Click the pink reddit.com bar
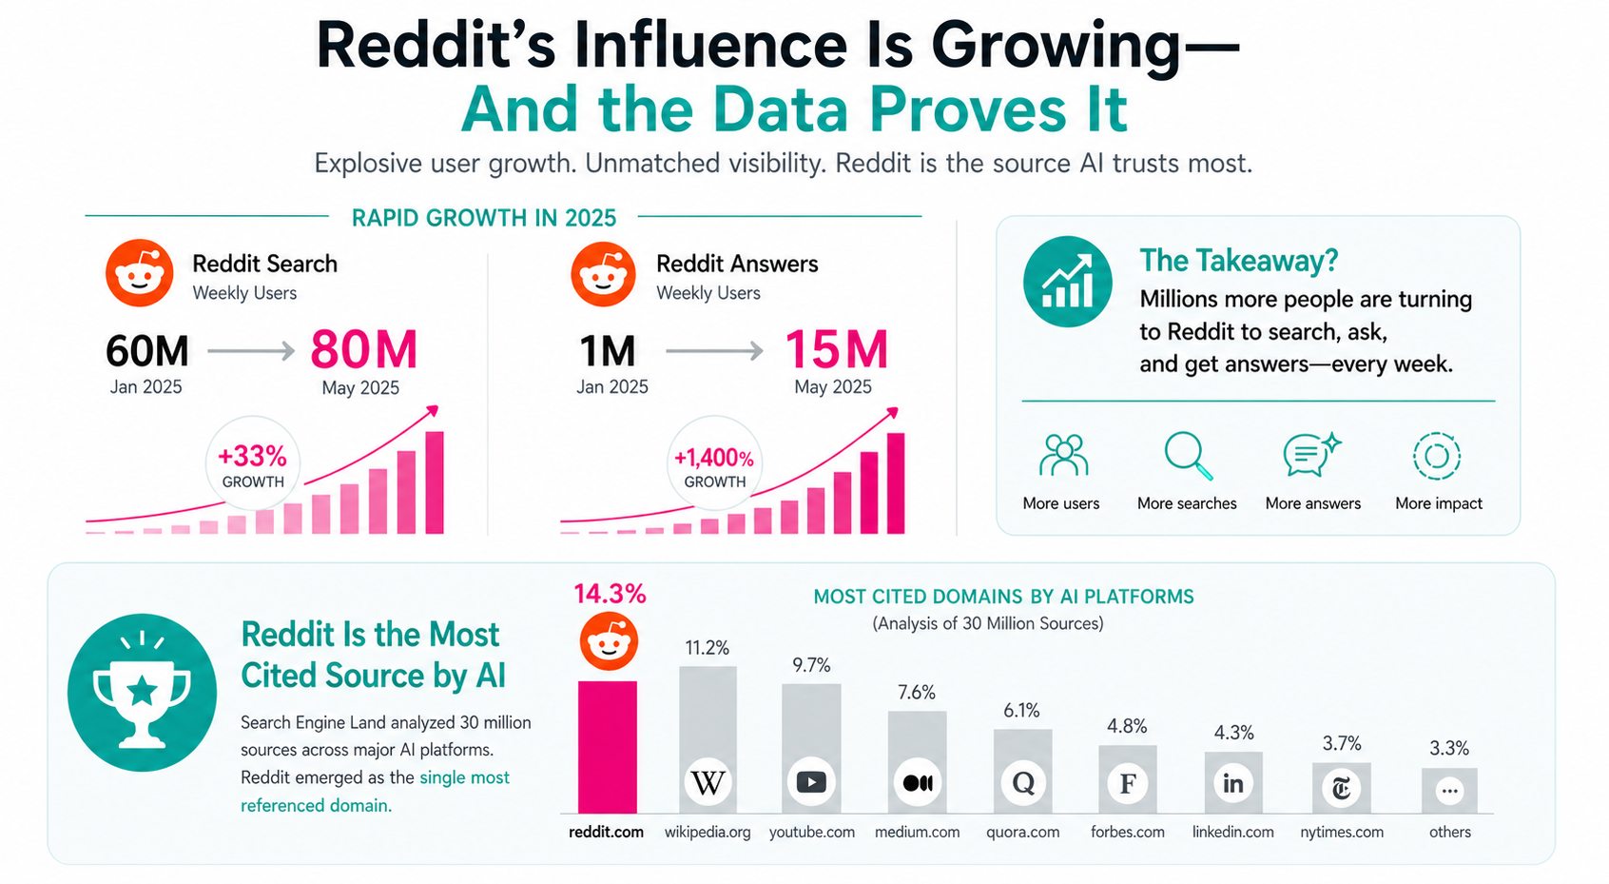(607, 747)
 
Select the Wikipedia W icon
(708, 783)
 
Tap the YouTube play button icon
(811, 782)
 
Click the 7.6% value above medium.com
(917, 693)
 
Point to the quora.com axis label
(1022, 832)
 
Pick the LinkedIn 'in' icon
(1232, 783)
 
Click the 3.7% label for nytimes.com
(1342, 743)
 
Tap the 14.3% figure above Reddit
(610, 594)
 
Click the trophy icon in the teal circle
(142, 692)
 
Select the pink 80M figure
(364, 349)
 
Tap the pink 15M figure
(836, 349)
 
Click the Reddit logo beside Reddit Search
(140, 273)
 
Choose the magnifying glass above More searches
(1188, 455)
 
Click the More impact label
(1438, 503)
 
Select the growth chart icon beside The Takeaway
(1067, 282)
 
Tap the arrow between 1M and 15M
(714, 351)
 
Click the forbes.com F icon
(1127, 784)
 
